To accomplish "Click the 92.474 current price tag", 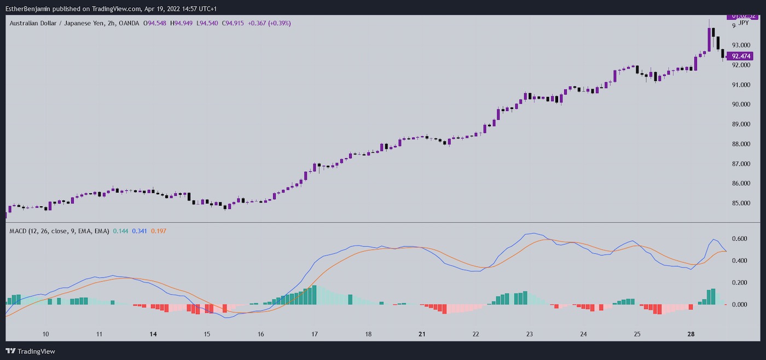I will (741, 56).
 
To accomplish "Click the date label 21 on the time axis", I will (422, 334).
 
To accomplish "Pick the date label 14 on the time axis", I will (153, 334).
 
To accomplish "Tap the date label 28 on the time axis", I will (690, 334).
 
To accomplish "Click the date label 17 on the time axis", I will (315, 334).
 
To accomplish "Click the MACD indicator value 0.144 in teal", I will (120, 231).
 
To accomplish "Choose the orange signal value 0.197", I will (158, 231).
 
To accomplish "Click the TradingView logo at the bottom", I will (31, 351).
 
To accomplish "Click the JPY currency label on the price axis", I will (744, 22).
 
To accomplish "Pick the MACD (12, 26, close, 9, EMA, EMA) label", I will (59, 231).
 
